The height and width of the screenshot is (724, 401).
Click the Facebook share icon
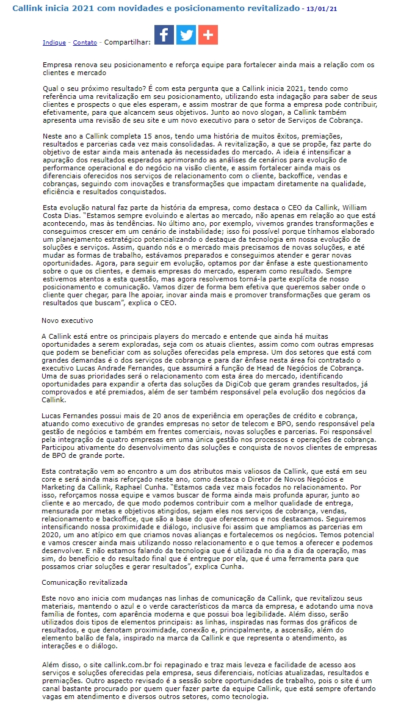pos(164,35)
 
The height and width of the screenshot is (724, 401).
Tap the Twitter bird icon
pos(186,35)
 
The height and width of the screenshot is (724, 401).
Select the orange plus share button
pos(208,35)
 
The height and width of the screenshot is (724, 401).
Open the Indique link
pos(54,43)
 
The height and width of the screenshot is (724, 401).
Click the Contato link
pos(85,43)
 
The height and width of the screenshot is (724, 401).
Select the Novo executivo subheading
pos(67,320)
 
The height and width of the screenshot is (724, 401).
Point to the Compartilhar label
pos(128,43)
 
